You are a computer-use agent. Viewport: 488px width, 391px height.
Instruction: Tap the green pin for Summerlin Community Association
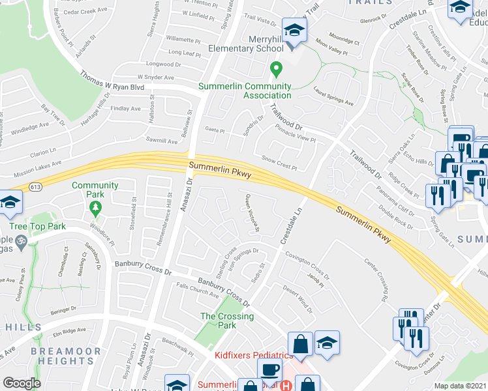tap(277, 68)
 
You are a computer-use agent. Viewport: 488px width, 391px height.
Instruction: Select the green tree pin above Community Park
tap(96, 208)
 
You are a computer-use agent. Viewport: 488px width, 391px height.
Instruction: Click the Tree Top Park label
tap(36, 227)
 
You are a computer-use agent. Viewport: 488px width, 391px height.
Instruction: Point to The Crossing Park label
tap(226, 321)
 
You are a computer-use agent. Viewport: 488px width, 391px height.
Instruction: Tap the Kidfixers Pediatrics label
tap(254, 355)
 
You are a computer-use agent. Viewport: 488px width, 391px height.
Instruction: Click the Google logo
tap(22, 383)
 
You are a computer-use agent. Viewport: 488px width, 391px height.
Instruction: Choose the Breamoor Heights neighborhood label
tap(65, 356)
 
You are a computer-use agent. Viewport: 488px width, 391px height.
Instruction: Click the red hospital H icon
tap(284, 385)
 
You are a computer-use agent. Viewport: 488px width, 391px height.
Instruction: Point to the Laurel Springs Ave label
tap(333, 97)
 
